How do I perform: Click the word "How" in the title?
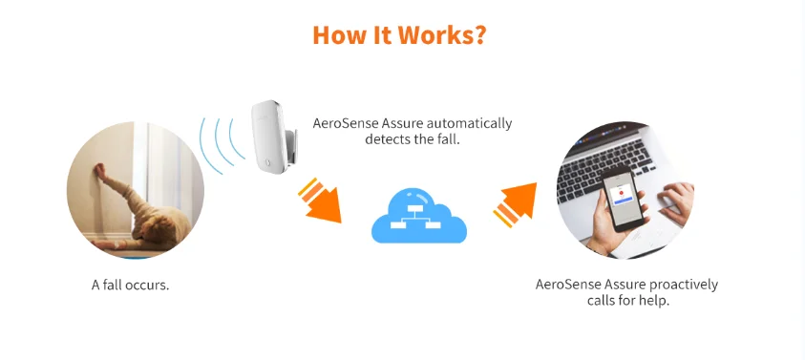click(335, 35)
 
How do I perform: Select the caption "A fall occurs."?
click(130, 285)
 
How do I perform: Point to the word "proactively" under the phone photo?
click(679, 285)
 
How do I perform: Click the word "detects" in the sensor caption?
click(387, 139)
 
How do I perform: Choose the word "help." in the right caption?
click(653, 301)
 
